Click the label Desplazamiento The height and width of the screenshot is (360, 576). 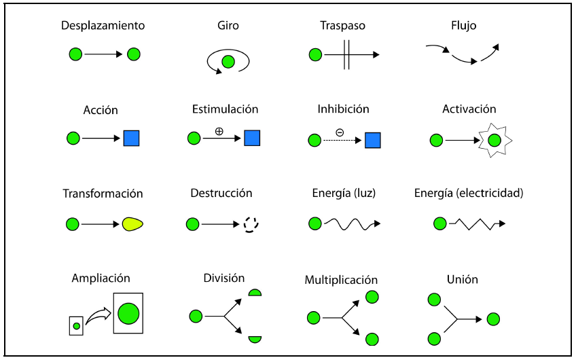pyautogui.click(x=103, y=26)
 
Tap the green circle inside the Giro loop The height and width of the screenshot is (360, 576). pyautogui.click(x=228, y=62)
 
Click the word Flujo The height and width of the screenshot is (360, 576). pyautogui.click(x=464, y=26)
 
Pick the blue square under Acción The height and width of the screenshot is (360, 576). pyautogui.click(x=131, y=139)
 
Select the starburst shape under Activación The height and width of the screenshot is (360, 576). pyautogui.click(x=494, y=141)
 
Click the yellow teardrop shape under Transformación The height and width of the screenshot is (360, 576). pyautogui.click(x=132, y=223)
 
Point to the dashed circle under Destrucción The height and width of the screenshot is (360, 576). pyautogui.click(x=252, y=223)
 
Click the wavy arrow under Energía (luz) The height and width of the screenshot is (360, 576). pyautogui.click(x=351, y=223)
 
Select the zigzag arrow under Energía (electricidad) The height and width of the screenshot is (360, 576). pyautogui.click(x=477, y=223)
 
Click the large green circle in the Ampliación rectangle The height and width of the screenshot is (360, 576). pyautogui.click(x=128, y=313)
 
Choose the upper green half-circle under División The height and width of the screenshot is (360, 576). pyautogui.click(x=255, y=293)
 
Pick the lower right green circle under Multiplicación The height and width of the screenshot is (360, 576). pyautogui.click(x=372, y=338)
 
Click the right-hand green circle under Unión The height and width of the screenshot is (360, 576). pyautogui.click(x=493, y=319)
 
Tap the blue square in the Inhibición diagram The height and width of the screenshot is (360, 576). pyautogui.click(x=372, y=141)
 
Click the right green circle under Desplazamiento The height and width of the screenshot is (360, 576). pyautogui.click(x=134, y=54)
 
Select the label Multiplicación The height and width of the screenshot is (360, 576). pyautogui.click(x=341, y=280)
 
